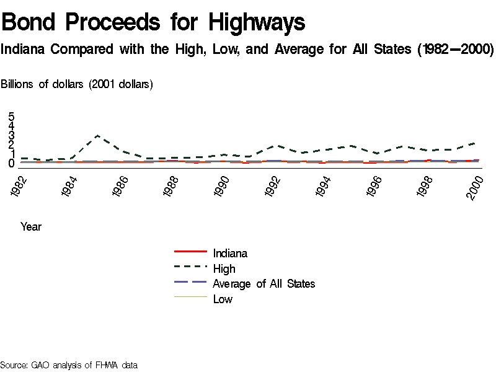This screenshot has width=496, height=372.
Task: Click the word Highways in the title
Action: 257,23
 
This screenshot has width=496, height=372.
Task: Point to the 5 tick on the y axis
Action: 11,116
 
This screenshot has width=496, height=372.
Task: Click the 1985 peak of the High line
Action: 97,135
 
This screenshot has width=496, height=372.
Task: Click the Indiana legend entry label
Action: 230,253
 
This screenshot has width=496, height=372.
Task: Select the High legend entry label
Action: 224,268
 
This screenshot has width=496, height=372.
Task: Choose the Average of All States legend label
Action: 263,284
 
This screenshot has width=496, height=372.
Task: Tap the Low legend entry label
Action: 223,299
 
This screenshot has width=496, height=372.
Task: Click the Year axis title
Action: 31,227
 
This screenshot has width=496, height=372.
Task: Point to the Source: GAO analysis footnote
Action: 68,365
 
